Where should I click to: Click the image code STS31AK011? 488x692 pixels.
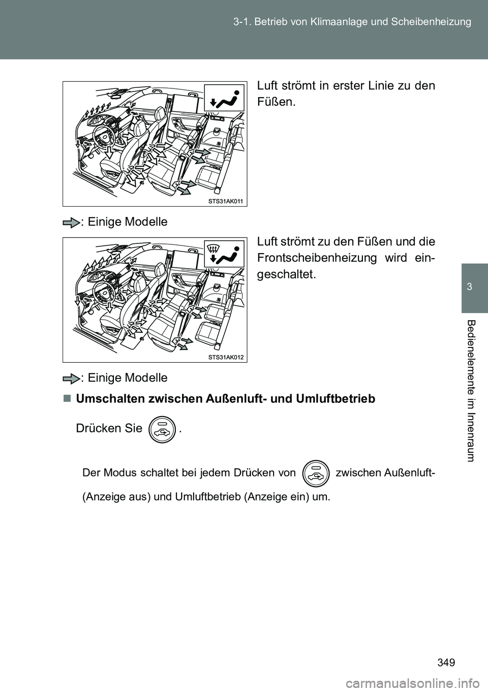pyautogui.click(x=227, y=202)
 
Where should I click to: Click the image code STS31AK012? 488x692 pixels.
pyautogui.click(x=227, y=358)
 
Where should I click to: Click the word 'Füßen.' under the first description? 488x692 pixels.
pyautogui.click(x=277, y=102)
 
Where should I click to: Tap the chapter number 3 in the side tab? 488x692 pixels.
pyautogui.click(x=475, y=287)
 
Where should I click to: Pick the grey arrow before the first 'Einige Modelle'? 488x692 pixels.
pyautogui.click(x=74, y=222)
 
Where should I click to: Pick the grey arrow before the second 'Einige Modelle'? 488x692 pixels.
pyautogui.click(x=74, y=378)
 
